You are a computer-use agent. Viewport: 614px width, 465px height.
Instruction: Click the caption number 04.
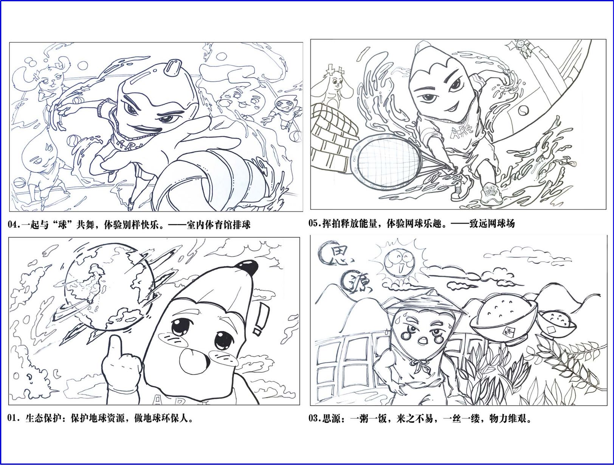point(13,225)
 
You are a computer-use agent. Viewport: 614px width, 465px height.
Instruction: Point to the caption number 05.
point(314,223)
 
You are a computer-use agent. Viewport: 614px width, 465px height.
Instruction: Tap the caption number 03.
point(314,418)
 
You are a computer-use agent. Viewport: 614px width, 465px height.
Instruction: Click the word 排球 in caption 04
point(242,225)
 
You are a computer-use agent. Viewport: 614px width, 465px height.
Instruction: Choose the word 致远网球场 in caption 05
point(492,223)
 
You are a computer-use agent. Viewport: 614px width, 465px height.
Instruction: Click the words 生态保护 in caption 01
point(43,418)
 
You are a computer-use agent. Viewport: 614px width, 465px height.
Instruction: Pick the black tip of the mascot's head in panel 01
point(247,268)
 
